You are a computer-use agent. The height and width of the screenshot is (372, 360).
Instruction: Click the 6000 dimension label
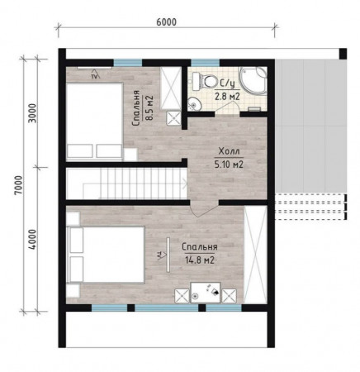coord(166,22)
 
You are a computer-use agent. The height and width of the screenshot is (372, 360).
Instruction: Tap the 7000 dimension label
coord(19,185)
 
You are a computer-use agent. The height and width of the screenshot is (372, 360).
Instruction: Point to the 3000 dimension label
coord(32,113)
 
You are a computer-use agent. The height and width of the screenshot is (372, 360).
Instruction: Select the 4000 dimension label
coord(32,240)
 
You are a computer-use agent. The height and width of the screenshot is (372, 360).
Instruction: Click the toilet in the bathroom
coord(205,81)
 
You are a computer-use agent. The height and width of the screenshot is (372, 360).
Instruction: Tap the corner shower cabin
coord(253,81)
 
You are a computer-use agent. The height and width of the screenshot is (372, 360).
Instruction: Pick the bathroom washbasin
coord(194,104)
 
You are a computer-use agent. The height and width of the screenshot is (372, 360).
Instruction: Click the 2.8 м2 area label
coord(227,97)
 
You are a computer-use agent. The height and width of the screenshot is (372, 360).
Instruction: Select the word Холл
coord(229,151)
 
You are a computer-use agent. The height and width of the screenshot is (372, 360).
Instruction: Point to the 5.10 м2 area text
coord(229,165)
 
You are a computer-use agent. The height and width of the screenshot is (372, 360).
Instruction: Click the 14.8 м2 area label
coord(200,260)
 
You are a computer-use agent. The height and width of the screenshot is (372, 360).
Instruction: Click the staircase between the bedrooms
coord(126,184)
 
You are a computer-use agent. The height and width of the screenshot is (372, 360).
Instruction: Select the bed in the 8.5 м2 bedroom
coord(94,122)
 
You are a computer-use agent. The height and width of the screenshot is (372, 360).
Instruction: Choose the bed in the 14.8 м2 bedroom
coord(106,255)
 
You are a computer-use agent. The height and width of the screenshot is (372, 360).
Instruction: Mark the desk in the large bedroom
coord(206,293)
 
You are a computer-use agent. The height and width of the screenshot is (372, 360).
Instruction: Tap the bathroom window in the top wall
coord(206,63)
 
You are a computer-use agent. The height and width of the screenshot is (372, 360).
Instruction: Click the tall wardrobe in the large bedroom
coord(255,255)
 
